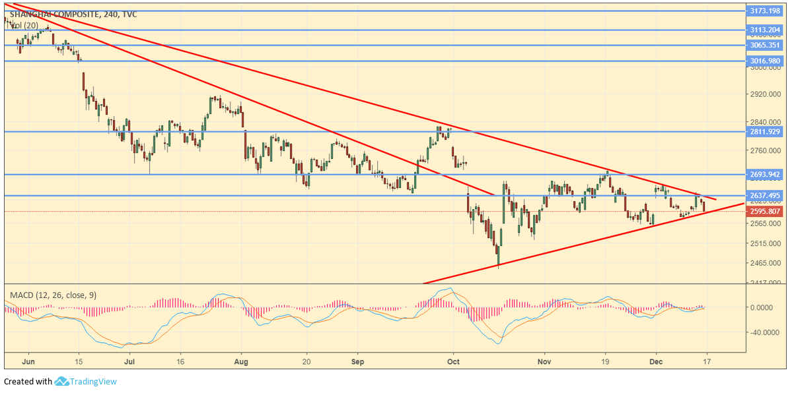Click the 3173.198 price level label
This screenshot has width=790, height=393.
point(764,11)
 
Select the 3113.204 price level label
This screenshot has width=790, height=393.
point(764,30)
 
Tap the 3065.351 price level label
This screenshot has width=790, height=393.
point(764,45)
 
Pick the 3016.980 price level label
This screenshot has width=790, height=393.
point(764,61)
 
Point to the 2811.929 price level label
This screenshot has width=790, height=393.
point(764,132)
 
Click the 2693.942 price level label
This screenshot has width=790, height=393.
point(764,175)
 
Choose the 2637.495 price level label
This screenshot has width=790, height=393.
point(764,196)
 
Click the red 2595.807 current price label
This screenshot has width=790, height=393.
point(764,212)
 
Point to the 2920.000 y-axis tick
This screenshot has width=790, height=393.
point(764,95)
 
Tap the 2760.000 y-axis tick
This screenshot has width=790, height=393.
point(764,150)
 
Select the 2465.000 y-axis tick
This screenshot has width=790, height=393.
point(764,264)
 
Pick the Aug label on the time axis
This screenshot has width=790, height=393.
point(241,361)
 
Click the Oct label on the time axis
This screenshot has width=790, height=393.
point(453,361)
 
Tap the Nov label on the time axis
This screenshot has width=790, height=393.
point(544,361)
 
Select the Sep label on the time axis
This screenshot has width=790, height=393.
point(357,361)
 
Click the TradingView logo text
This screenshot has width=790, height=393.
point(92,381)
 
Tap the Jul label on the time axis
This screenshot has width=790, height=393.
point(129,361)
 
